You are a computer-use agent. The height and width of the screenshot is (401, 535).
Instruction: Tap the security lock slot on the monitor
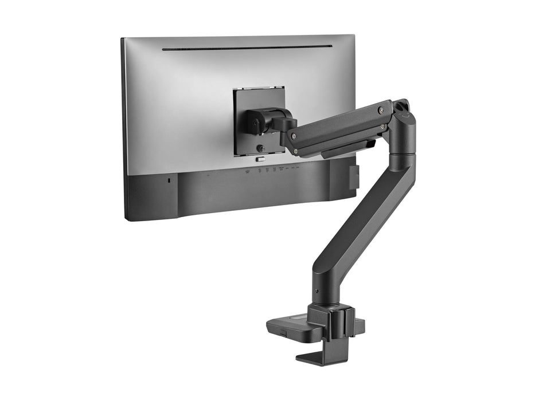point(167,180)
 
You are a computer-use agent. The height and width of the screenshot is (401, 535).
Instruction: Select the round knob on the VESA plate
point(261,148)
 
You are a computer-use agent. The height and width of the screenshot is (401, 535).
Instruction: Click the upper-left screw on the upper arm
point(293,136)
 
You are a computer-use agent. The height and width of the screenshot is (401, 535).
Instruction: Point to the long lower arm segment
point(361,223)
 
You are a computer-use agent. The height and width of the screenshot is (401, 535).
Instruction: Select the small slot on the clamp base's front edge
point(283,332)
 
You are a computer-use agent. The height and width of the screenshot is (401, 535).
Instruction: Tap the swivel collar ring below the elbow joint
point(403,156)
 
